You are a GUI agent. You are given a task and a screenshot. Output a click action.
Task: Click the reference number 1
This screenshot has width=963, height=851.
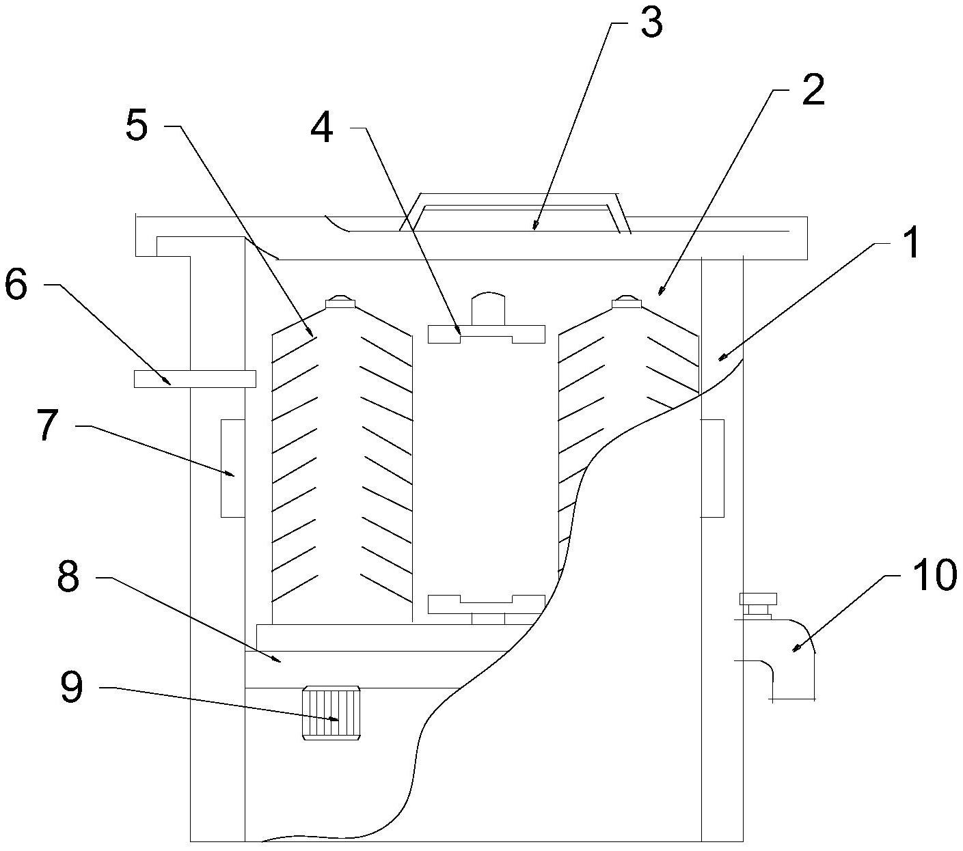click(x=910, y=243)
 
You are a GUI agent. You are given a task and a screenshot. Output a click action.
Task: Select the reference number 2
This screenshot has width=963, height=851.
click(x=813, y=89)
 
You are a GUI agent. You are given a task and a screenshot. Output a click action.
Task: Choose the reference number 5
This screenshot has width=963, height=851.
click(x=137, y=124)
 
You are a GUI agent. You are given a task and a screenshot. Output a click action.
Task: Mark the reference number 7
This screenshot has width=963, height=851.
click(x=47, y=425)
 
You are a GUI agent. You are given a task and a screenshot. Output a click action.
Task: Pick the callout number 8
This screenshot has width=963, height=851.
click(x=68, y=575)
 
